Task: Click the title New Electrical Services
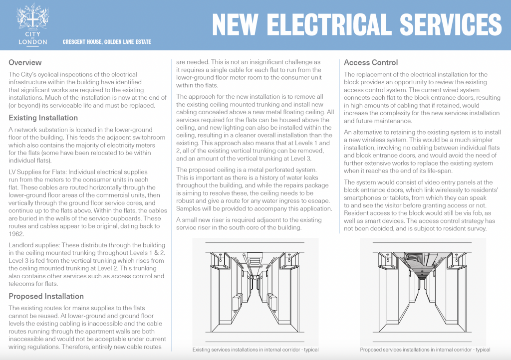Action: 356,24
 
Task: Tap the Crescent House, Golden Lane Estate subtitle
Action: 107,42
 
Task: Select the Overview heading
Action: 25,63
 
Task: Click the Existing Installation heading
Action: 43,118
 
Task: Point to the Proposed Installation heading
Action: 46,296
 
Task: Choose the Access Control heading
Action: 371,63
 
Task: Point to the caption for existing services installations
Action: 255,350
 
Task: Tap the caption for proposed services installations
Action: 425,350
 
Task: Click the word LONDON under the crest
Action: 32,42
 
